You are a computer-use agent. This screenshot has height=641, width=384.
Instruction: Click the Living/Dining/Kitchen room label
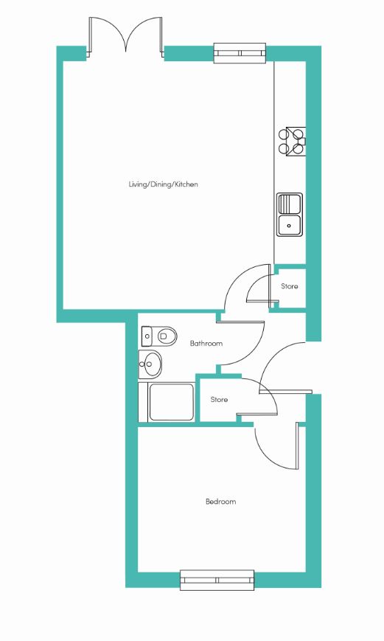164,184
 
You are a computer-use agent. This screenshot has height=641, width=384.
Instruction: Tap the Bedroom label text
220,502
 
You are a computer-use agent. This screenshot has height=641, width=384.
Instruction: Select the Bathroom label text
206,344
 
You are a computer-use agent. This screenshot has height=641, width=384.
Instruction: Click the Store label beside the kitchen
289,286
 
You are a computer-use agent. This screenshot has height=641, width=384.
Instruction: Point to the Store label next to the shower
219,399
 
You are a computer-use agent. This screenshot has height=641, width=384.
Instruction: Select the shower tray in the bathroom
172,402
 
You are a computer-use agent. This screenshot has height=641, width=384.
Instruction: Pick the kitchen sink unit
290,215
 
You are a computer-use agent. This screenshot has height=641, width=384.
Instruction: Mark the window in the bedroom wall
217,580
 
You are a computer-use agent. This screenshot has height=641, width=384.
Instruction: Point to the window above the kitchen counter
240,52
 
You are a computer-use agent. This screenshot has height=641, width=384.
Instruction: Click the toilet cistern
146,336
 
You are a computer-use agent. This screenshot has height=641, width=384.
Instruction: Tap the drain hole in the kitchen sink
289,225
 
